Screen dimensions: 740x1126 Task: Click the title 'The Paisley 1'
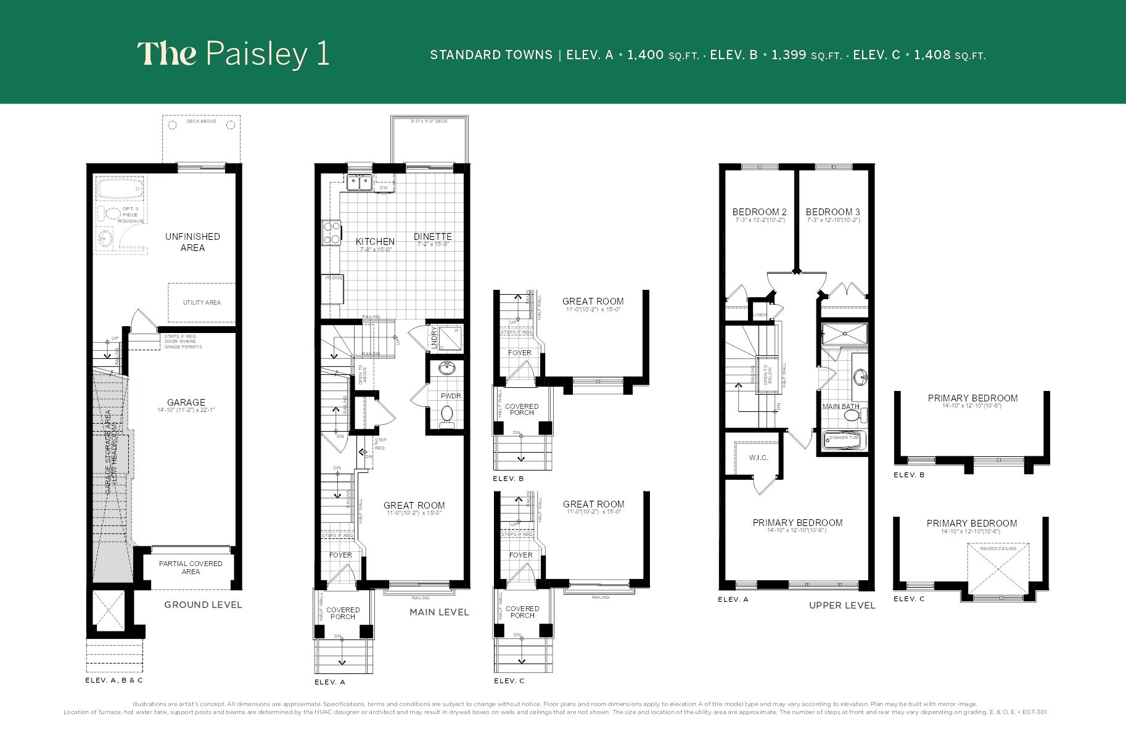[233, 54]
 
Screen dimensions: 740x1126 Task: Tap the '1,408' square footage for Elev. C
[932, 55]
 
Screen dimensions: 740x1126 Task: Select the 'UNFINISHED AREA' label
[192, 242]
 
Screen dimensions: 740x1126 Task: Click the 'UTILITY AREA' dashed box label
[202, 302]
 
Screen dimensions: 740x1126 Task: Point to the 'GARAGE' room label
[186, 403]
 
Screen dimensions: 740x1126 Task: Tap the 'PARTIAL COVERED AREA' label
[191, 567]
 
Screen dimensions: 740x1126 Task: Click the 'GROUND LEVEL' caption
[203, 605]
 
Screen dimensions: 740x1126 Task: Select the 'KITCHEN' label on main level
[375, 242]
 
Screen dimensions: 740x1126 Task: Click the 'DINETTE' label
[433, 237]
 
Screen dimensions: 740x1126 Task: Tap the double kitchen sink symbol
[358, 182]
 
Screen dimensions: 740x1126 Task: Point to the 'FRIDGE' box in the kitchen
[334, 279]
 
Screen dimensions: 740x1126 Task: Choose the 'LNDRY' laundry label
[434, 337]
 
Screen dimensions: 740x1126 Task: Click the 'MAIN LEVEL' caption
[439, 612]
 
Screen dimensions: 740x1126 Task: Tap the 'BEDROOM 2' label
[759, 212]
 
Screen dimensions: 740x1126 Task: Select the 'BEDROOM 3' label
[832, 212]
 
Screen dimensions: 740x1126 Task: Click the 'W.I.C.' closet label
[758, 458]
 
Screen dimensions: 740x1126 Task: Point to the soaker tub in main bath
[845, 439]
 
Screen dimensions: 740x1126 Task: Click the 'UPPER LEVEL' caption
[842, 606]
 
